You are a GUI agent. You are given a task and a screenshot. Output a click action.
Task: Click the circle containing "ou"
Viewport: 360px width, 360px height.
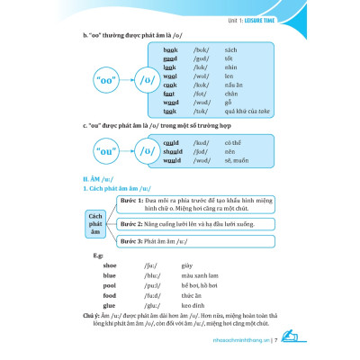coord(106,153)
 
